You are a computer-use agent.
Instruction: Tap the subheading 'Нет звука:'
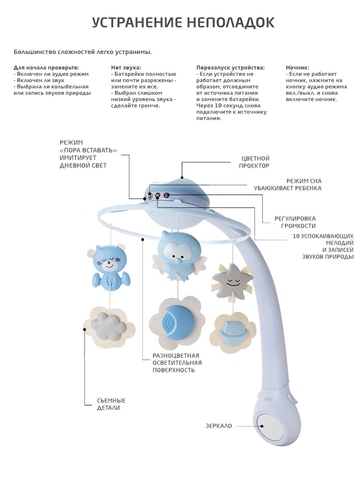[126, 68]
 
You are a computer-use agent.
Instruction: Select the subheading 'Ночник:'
[298, 68]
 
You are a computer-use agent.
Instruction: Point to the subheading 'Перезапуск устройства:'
[230, 68]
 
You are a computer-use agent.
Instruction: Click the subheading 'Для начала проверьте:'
[46, 68]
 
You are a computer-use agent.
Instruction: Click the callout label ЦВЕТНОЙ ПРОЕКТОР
[254, 162]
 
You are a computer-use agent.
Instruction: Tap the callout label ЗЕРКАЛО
[218, 426]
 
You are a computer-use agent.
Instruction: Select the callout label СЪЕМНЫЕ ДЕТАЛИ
[111, 404]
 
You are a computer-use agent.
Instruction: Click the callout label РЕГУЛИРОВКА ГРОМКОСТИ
[295, 222]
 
